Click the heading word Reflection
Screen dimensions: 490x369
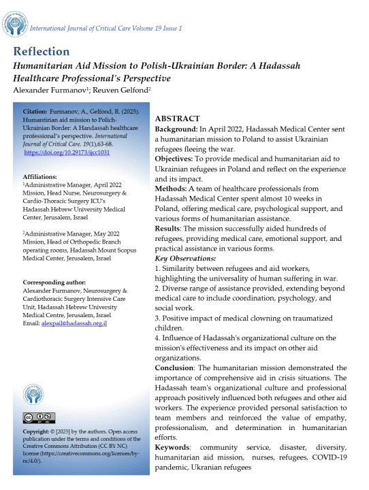pos(41,52)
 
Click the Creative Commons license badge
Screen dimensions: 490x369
pos(39,417)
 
